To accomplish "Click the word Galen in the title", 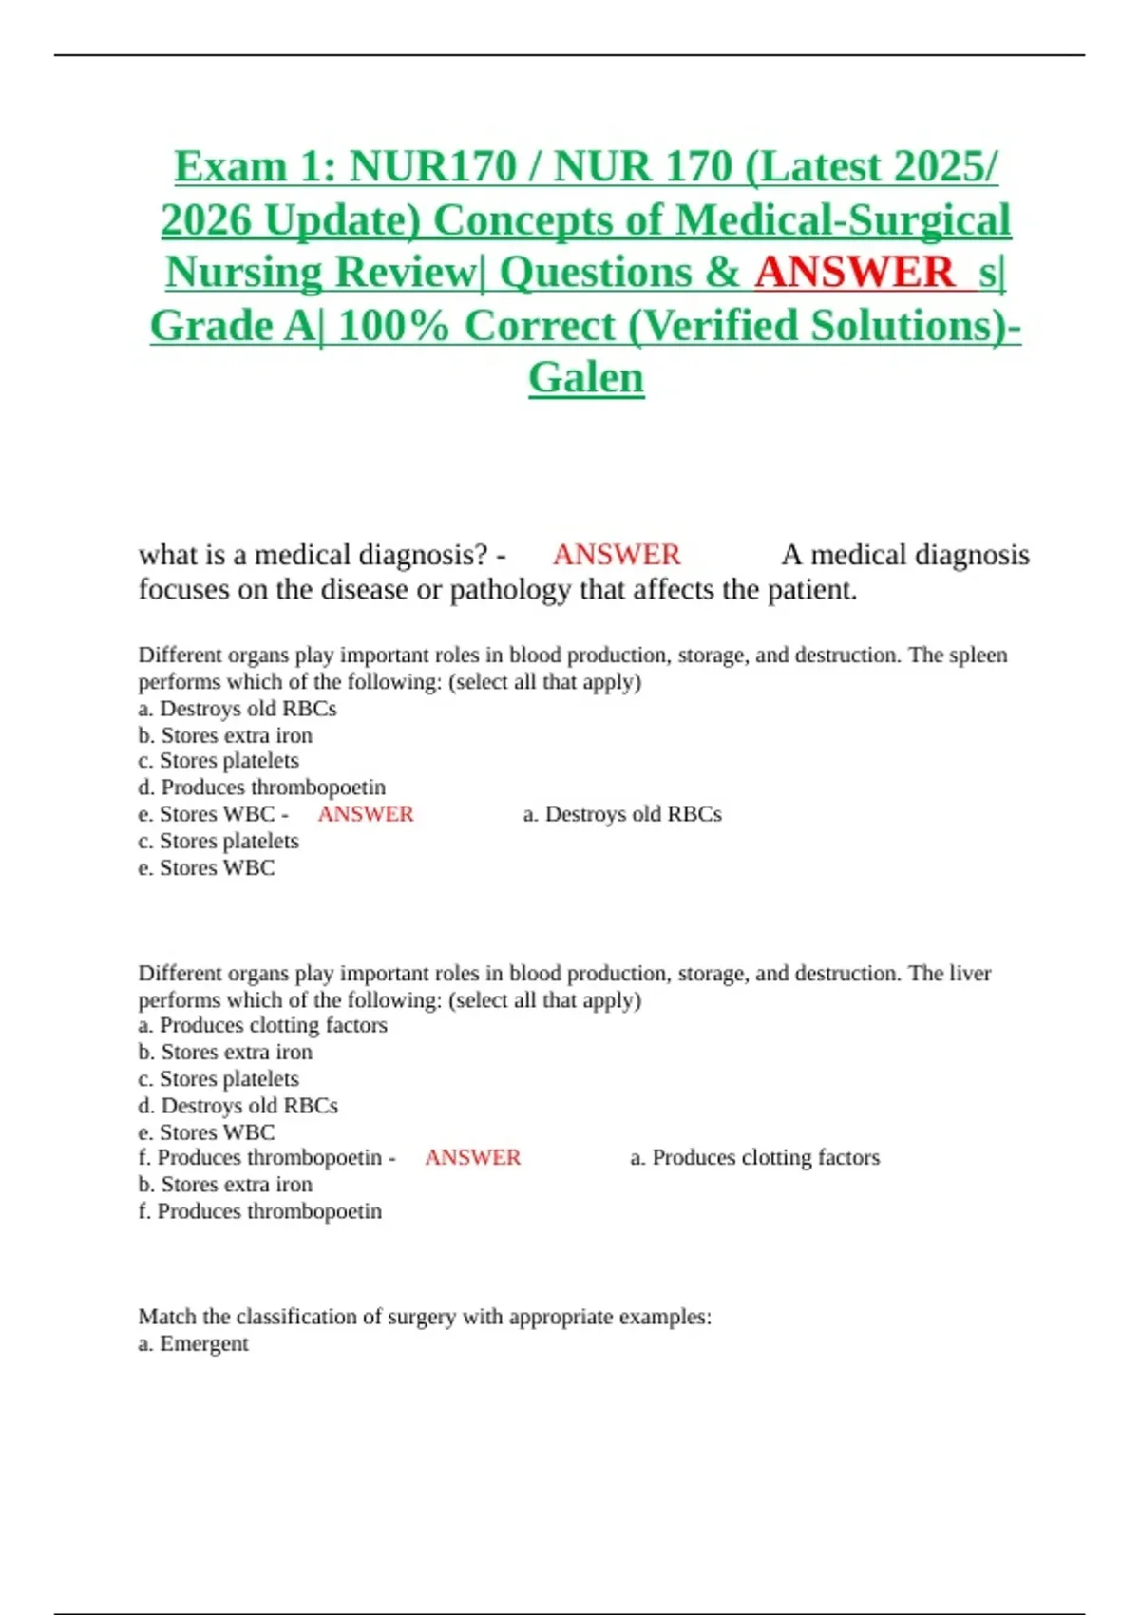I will (586, 377).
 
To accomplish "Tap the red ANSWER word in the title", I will (854, 273).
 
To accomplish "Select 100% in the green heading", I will (393, 326).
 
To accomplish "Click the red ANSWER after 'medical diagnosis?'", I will (617, 555).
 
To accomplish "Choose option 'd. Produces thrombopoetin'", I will (262, 788).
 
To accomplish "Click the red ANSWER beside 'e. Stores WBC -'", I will (366, 814).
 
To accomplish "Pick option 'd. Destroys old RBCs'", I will (238, 1106).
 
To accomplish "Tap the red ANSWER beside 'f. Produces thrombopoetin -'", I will (473, 1158).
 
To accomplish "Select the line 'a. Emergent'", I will (194, 1344).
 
